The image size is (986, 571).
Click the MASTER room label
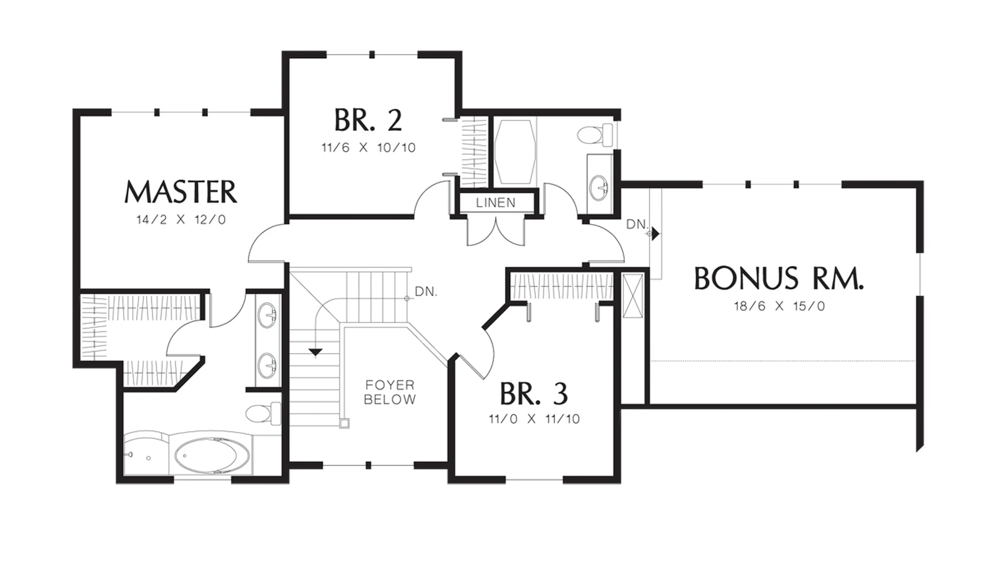(x=180, y=192)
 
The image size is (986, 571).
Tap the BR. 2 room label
(x=368, y=120)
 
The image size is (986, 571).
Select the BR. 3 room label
(x=534, y=393)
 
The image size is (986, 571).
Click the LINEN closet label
(x=496, y=202)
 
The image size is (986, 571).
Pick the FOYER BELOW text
(x=389, y=392)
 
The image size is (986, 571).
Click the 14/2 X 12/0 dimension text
(x=181, y=220)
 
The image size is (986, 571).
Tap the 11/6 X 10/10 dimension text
(x=368, y=147)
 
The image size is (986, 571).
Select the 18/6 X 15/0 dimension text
(x=779, y=306)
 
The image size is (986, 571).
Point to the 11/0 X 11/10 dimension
(x=534, y=419)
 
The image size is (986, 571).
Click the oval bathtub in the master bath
(x=212, y=455)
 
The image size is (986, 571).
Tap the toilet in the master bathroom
(x=263, y=413)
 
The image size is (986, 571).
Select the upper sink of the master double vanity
(x=267, y=315)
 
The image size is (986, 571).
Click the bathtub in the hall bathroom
(x=515, y=152)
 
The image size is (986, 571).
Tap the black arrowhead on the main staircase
(x=315, y=352)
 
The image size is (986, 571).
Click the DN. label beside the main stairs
(x=426, y=291)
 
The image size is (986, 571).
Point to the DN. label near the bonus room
(x=637, y=224)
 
